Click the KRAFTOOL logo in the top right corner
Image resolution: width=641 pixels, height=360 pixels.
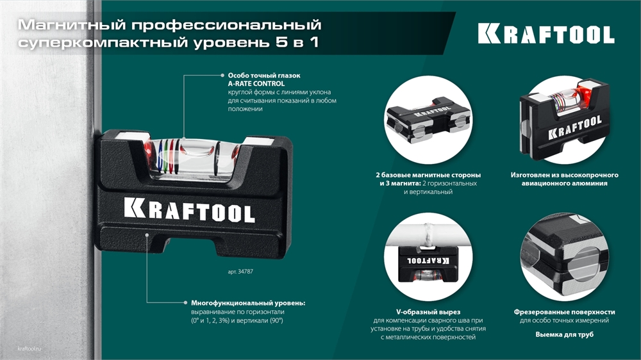545,34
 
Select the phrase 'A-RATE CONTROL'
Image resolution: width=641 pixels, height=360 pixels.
256,84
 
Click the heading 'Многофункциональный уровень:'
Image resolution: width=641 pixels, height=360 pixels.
248,302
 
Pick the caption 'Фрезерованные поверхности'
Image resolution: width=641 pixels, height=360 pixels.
564,311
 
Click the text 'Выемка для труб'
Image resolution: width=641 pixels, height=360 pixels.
564,334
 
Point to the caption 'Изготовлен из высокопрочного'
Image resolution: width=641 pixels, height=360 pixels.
564,175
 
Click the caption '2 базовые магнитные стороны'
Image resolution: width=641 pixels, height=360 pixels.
428,175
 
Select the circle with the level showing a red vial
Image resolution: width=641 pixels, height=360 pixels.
564,120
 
